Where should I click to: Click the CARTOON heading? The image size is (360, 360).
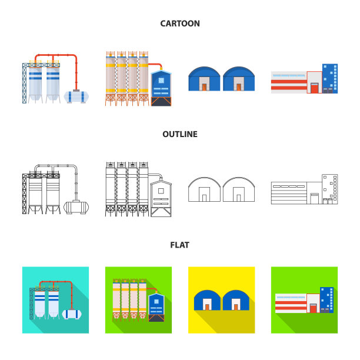180,24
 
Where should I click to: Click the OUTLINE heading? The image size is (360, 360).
180,134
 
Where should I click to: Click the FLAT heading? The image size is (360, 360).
180,245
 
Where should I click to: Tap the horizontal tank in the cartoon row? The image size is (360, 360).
76,96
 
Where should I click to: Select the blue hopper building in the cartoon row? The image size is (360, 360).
161,88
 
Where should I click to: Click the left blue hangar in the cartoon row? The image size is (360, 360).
204,79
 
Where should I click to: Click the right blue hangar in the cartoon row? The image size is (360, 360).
239,79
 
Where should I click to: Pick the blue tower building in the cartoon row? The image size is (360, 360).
330,78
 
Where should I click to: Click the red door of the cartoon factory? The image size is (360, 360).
315,88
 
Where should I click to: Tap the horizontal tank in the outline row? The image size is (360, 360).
76,207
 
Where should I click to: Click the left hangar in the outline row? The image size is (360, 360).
204,189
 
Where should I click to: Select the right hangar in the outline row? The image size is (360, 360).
239,189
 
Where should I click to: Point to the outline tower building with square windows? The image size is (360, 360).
330,189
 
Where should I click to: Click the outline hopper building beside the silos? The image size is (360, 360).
161,199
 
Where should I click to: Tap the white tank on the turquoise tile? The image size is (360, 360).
72,314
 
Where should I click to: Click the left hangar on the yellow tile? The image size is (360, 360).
207,301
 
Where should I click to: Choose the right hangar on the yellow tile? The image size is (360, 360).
236,301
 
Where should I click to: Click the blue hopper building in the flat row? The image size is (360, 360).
156,308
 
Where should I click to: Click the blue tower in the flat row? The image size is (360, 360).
326,300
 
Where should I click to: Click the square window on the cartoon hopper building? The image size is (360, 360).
161,81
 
